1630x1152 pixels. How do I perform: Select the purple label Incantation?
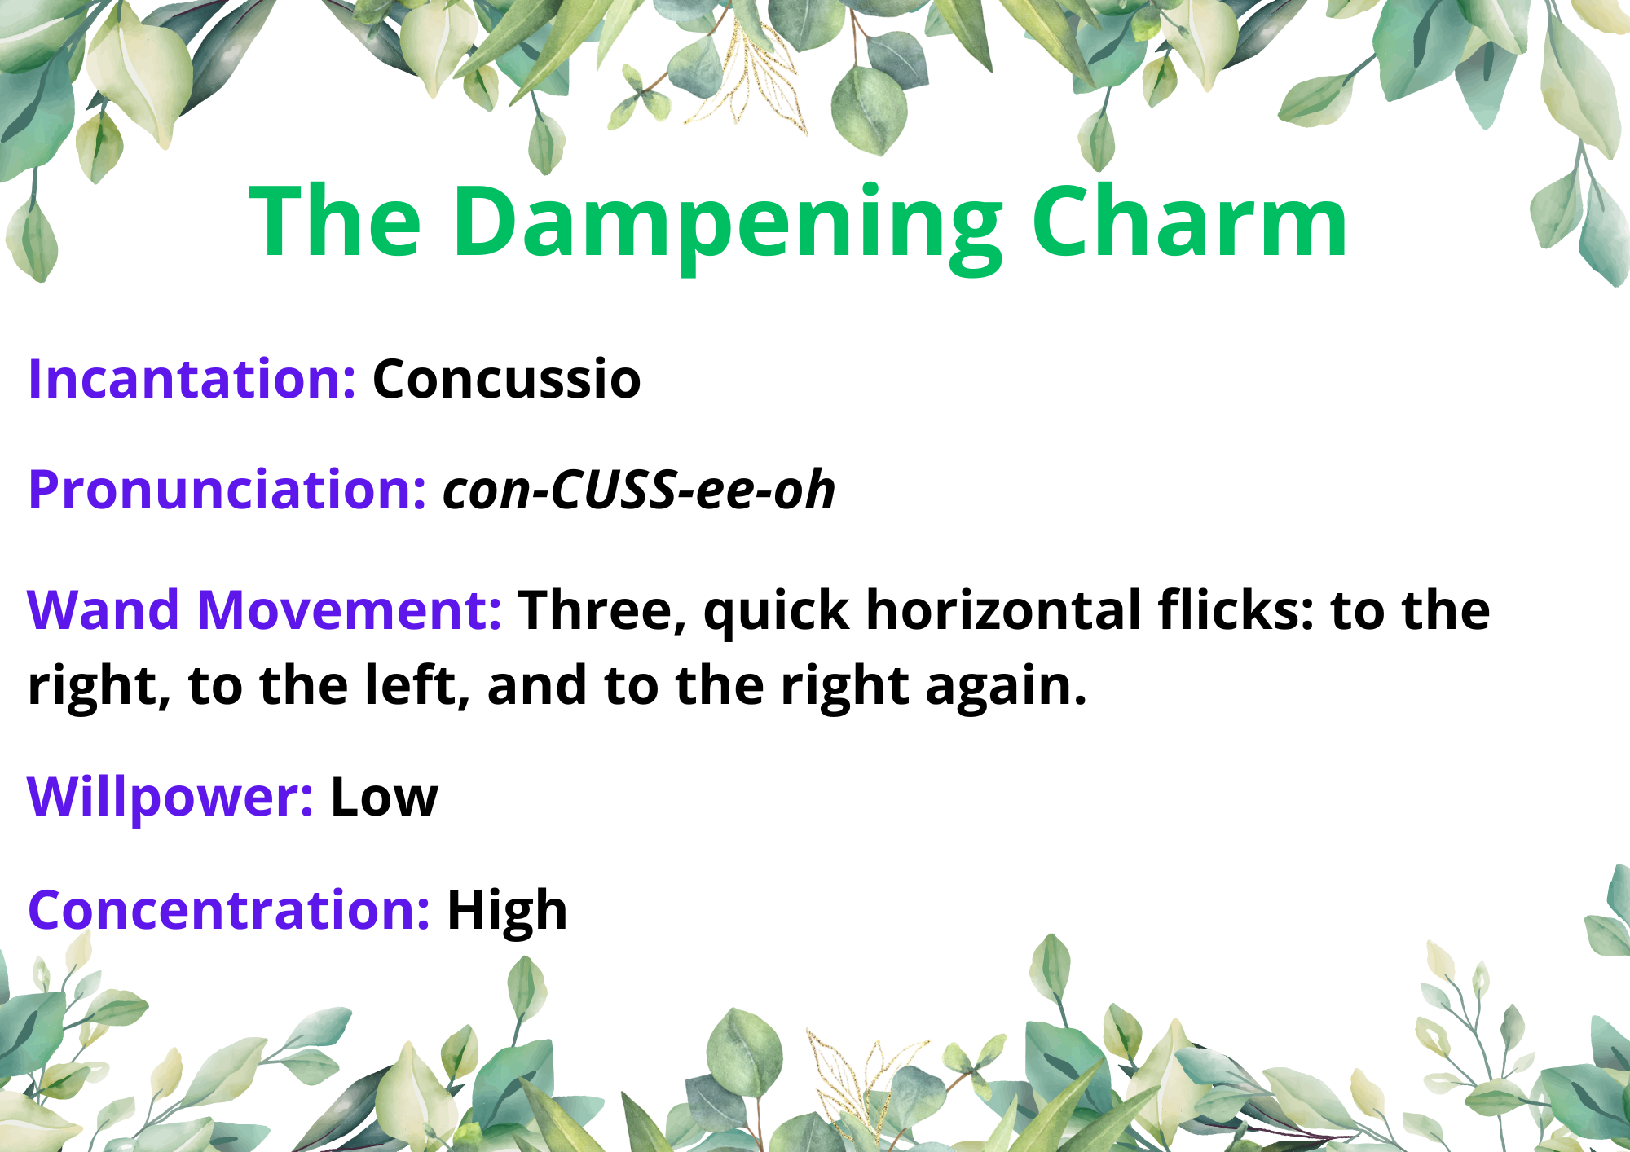(x=192, y=379)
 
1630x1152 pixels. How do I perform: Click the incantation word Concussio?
(x=507, y=379)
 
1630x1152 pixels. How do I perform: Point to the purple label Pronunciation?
(x=227, y=490)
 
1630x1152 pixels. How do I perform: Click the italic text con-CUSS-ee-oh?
(x=639, y=490)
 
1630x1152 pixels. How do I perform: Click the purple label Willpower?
(x=170, y=798)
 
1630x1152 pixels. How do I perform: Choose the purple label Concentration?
(x=229, y=910)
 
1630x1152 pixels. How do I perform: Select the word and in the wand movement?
(x=537, y=686)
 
